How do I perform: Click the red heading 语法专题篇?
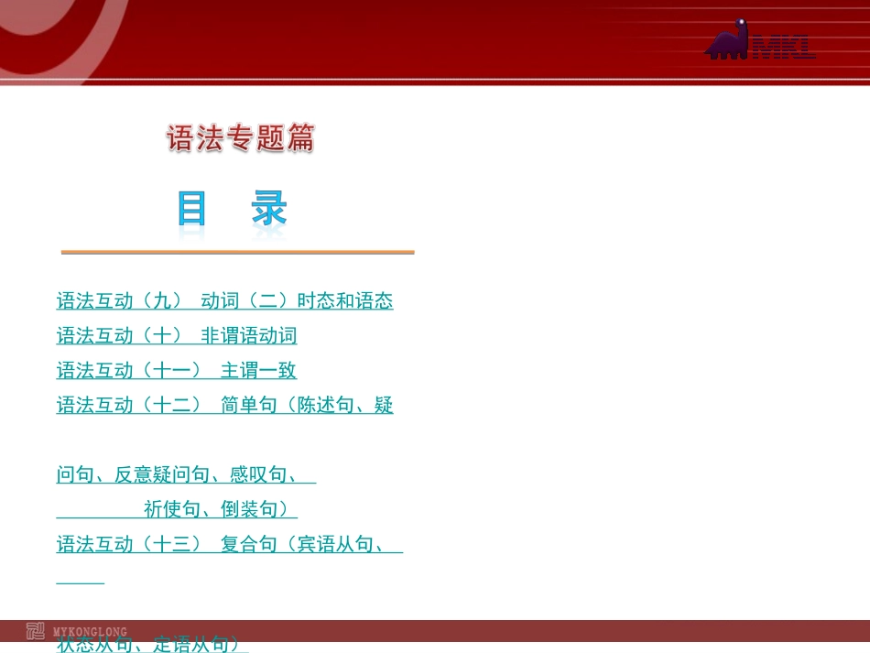point(241,138)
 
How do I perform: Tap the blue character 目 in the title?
point(192,210)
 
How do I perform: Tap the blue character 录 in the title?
point(270,210)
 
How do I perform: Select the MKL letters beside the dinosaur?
point(783,47)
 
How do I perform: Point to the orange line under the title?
point(237,252)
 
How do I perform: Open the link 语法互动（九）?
point(120,301)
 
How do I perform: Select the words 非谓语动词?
point(249,336)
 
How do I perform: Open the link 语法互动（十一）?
point(129,371)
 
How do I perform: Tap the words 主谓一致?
point(258,371)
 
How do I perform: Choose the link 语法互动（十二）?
point(129,406)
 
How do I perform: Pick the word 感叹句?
point(258,475)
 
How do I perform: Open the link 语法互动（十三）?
point(129,545)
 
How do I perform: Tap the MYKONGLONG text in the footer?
point(90,632)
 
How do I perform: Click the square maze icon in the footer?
point(35,631)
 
